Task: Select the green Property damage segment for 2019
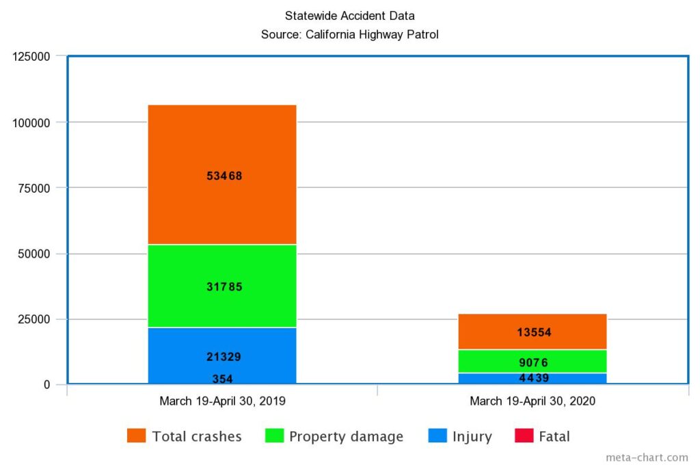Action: coord(222,267)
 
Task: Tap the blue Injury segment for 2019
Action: coord(222,342)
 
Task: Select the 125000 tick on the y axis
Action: coord(32,57)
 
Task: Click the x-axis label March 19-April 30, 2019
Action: coord(222,401)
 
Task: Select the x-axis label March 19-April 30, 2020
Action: coord(533,401)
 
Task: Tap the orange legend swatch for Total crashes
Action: coord(136,436)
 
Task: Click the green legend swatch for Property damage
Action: coord(273,436)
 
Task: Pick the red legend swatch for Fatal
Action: coord(524,436)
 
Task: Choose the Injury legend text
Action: coord(472,436)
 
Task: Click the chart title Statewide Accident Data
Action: coord(349,16)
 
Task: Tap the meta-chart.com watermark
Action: coord(647,457)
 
